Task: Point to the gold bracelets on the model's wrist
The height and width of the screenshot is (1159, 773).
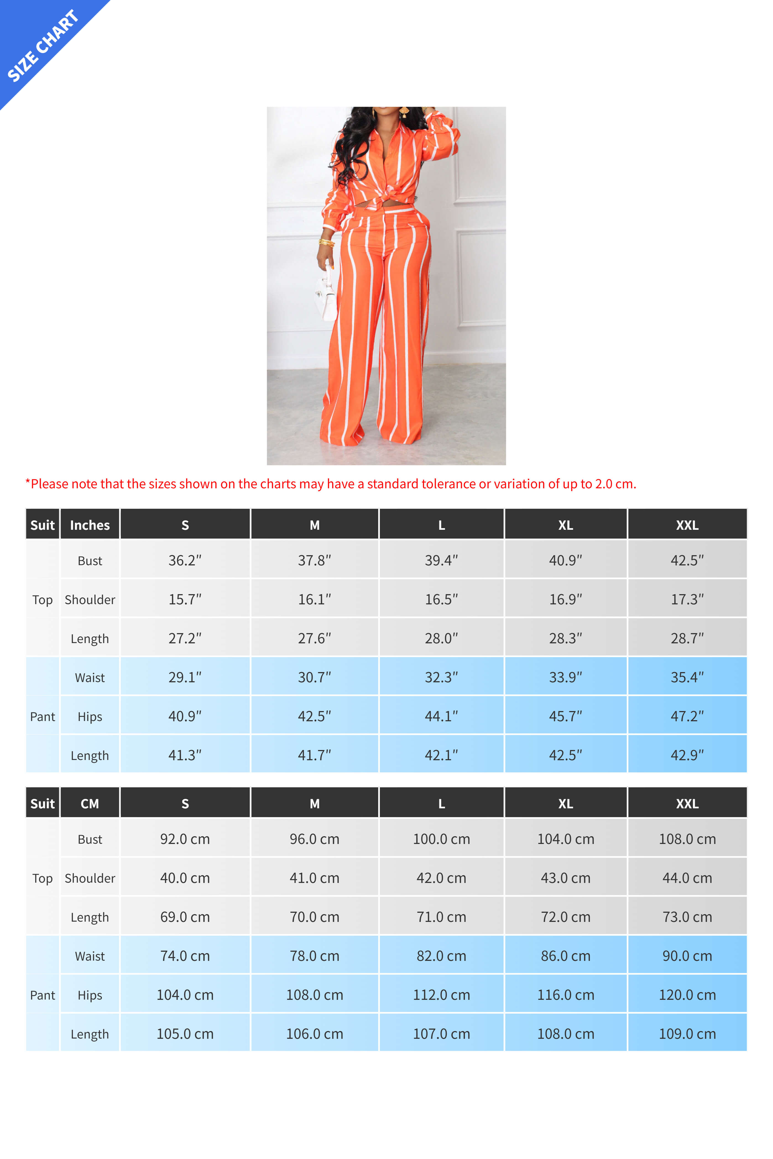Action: (x=326, y=242)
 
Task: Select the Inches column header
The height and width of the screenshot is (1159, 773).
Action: (x=90, y=525)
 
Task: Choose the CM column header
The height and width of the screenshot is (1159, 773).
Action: (x=90, y=803)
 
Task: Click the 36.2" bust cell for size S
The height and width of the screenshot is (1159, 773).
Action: (x=185, y=560)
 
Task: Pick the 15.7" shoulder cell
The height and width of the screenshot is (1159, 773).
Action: (x=185, y=599)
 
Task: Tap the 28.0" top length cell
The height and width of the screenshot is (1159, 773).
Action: (x=441, y=638)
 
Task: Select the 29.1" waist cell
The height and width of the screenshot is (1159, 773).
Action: (x=185, y=677)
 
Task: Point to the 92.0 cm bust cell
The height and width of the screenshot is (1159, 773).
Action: (x=185, y=839)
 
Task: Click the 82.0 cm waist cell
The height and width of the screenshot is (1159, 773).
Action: (x=441, y=956)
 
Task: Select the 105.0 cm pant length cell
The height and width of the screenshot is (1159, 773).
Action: (x=185, y=1034)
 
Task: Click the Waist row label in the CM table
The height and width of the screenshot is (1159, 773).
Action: (x=90, y=956)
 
